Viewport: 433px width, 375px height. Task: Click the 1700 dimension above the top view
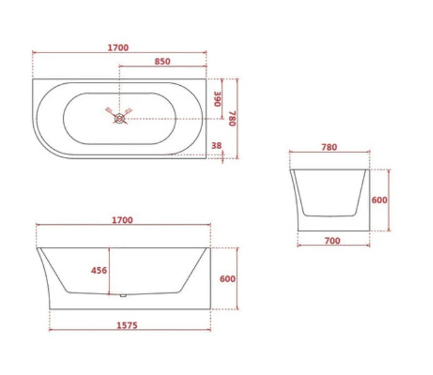[118, 48]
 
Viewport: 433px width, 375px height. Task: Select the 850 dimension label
[161, 61]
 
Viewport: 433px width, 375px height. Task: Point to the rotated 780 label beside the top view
[232, 118]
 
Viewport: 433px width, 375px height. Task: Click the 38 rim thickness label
[217, 145]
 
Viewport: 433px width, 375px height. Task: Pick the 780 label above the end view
[329, 148]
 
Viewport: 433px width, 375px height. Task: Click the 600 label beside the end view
[379, 200]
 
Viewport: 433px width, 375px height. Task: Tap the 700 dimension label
[332, 240]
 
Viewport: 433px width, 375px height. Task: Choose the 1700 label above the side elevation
[122, 220]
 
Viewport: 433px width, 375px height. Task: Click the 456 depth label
[99, 270]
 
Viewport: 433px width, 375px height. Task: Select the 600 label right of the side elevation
[228, 279]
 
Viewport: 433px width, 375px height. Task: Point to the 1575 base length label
[126, 325]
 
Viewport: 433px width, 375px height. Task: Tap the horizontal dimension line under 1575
[130, 331]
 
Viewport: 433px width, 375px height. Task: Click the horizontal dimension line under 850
[163, 66]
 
